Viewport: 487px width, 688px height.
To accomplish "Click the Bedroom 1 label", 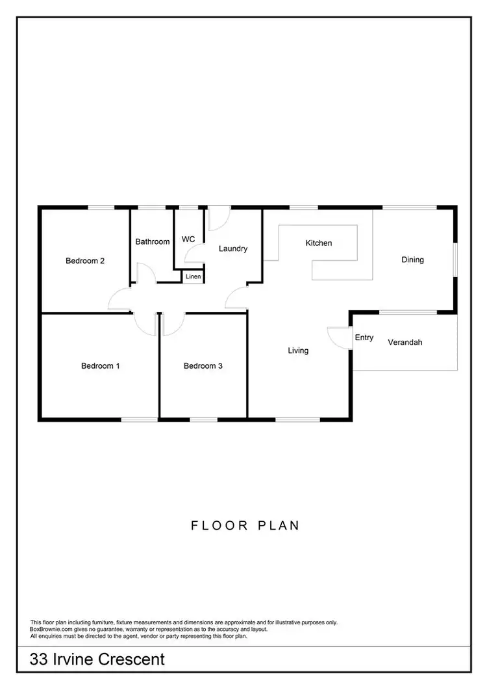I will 100,365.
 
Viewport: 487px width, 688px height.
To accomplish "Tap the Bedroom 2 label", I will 85,261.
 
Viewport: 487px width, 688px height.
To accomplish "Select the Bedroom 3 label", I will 203,365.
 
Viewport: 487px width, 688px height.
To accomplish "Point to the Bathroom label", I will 153,241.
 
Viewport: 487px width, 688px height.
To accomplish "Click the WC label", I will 188,239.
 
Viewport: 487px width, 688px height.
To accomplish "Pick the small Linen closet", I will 193,276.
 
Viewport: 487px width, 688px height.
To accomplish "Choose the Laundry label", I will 232,248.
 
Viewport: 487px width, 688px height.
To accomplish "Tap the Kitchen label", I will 319,243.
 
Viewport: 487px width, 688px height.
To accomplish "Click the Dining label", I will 412,260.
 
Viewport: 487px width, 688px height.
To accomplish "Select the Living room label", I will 298,350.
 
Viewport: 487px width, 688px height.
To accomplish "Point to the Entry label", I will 364,338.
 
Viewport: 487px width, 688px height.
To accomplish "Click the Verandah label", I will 405,342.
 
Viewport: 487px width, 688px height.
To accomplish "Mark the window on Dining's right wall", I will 455,260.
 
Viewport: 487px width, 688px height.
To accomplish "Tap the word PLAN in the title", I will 279,525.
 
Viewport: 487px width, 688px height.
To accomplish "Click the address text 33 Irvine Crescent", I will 97,660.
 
